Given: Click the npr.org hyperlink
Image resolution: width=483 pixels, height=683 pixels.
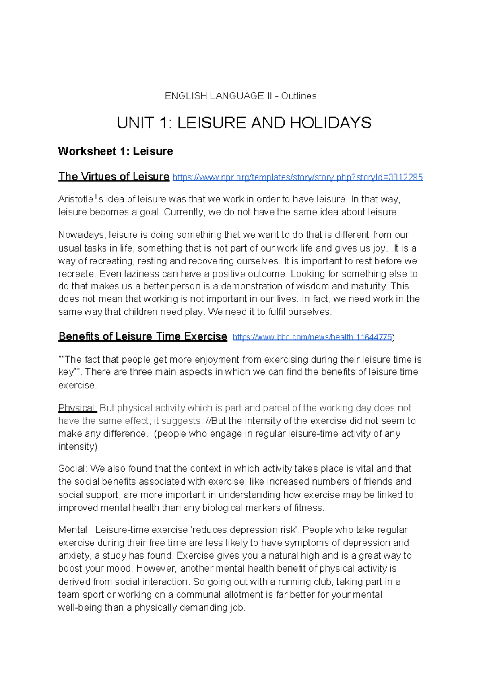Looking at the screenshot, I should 297,177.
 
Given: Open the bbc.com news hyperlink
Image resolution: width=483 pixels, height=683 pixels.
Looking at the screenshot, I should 312,337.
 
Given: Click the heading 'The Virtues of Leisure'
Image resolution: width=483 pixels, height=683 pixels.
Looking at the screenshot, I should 114,177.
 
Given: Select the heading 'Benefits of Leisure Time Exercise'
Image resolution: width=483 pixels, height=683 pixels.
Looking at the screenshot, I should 142,336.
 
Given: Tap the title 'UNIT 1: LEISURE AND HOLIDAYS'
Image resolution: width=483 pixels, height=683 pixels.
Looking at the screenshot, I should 244,123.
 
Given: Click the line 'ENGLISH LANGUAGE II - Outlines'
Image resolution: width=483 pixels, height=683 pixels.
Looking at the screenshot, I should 241,96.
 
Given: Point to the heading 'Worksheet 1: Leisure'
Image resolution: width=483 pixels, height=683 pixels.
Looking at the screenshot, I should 116,151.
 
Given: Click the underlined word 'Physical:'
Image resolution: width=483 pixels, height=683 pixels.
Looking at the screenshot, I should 77,408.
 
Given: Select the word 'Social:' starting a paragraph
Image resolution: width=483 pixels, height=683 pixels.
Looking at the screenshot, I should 72,469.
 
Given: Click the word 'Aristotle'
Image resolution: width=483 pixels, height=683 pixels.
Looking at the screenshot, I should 76,199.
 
